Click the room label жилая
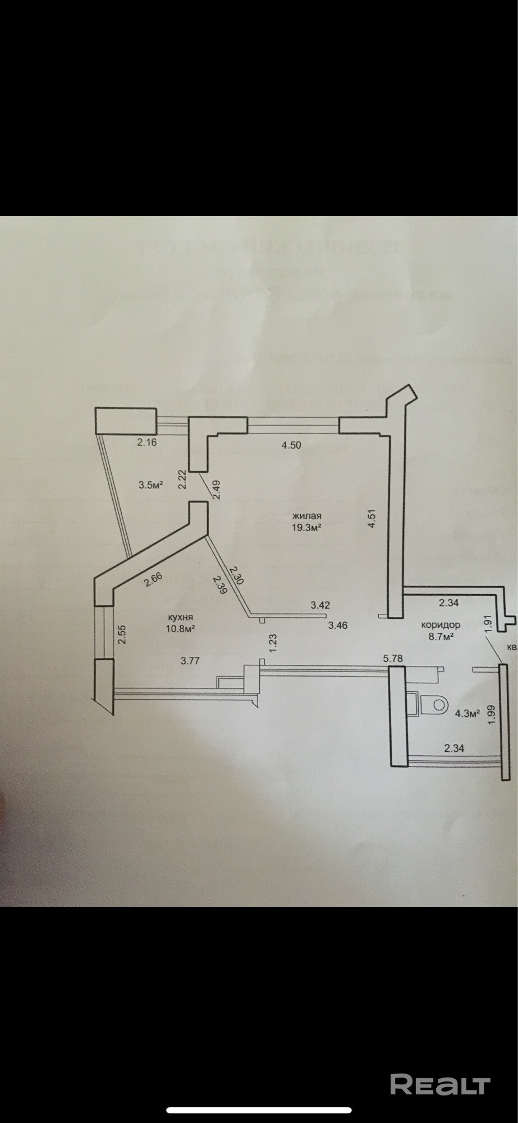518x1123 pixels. point(306,515)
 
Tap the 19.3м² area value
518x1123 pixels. point(306,527)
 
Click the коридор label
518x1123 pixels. point(441,624)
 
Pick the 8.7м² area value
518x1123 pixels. point(441,636)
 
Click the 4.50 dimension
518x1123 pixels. point(291,445)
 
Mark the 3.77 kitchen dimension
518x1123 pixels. point(190,660)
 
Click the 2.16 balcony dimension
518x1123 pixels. point(146,442)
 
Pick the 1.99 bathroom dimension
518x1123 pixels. point(492,715)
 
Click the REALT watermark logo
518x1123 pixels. point(440,1084)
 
